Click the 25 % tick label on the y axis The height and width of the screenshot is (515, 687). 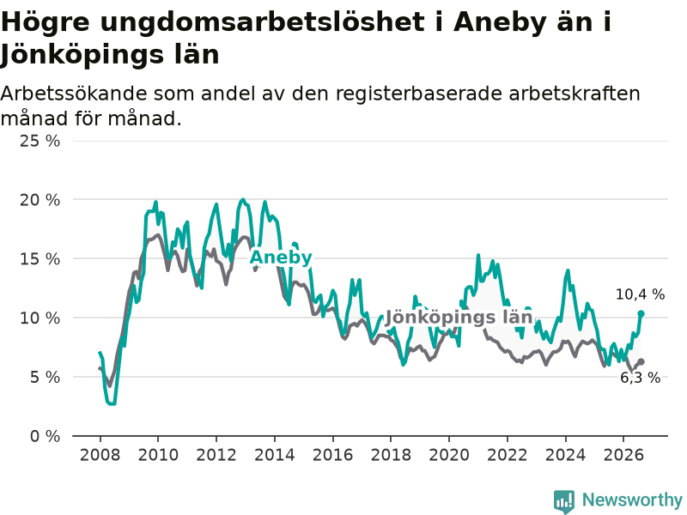point(40,141)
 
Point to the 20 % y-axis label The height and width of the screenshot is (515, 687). point(40,200)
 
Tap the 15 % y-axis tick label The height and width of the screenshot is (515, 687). point(40,259)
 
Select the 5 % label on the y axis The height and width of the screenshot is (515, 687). point(46,377)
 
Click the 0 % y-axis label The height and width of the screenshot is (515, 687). point(46,436)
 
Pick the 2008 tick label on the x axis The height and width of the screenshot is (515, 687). point(100,455)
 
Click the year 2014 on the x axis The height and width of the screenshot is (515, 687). point(275,455)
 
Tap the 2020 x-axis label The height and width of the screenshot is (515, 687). point(449,455)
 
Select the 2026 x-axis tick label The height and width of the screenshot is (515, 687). point(623,455)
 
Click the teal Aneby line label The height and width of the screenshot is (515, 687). point(281,257)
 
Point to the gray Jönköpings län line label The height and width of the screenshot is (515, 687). point(459,317)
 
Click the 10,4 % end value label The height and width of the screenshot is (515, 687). point(640,294)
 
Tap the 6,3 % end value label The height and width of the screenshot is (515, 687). point(641,378)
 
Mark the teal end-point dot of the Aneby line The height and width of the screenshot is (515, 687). point(641,313)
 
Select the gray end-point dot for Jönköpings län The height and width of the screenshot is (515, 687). point(641,361)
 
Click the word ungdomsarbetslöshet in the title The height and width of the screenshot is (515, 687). point(263,23)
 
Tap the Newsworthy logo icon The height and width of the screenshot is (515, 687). point(564,501)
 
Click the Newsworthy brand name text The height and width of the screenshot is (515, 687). point(632,500)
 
